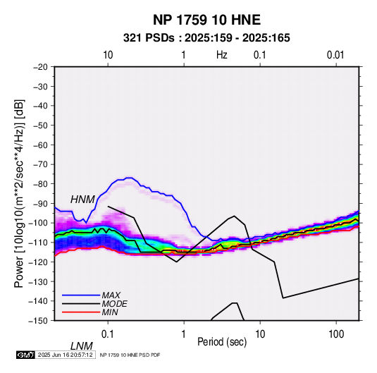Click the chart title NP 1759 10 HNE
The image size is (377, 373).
point(206,20)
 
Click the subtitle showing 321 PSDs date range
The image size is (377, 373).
point(206,38)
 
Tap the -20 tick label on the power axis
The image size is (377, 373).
point(40,67)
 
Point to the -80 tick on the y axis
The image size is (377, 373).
point(40,184)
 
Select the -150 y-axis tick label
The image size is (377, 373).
point(38,321)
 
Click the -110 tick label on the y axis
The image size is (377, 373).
point(38,243)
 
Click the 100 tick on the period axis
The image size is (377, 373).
point(336,334)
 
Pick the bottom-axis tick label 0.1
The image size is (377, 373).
point(108,334)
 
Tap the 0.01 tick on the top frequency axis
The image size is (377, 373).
point(335,55)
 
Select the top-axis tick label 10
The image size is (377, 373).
point(108,55)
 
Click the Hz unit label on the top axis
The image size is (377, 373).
point(222,55)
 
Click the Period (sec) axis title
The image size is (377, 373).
point(222,342)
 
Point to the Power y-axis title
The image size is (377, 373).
point(19,193)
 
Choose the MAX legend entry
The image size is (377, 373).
point(111,295)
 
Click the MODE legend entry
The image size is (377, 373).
point(114,304)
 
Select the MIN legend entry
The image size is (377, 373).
point(110,312)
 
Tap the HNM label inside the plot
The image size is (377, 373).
point(82,200)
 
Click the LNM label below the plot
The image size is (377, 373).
point(82,346)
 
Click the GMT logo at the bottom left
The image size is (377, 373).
point(26,355)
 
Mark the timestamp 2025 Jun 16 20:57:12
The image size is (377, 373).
point(65,355)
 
